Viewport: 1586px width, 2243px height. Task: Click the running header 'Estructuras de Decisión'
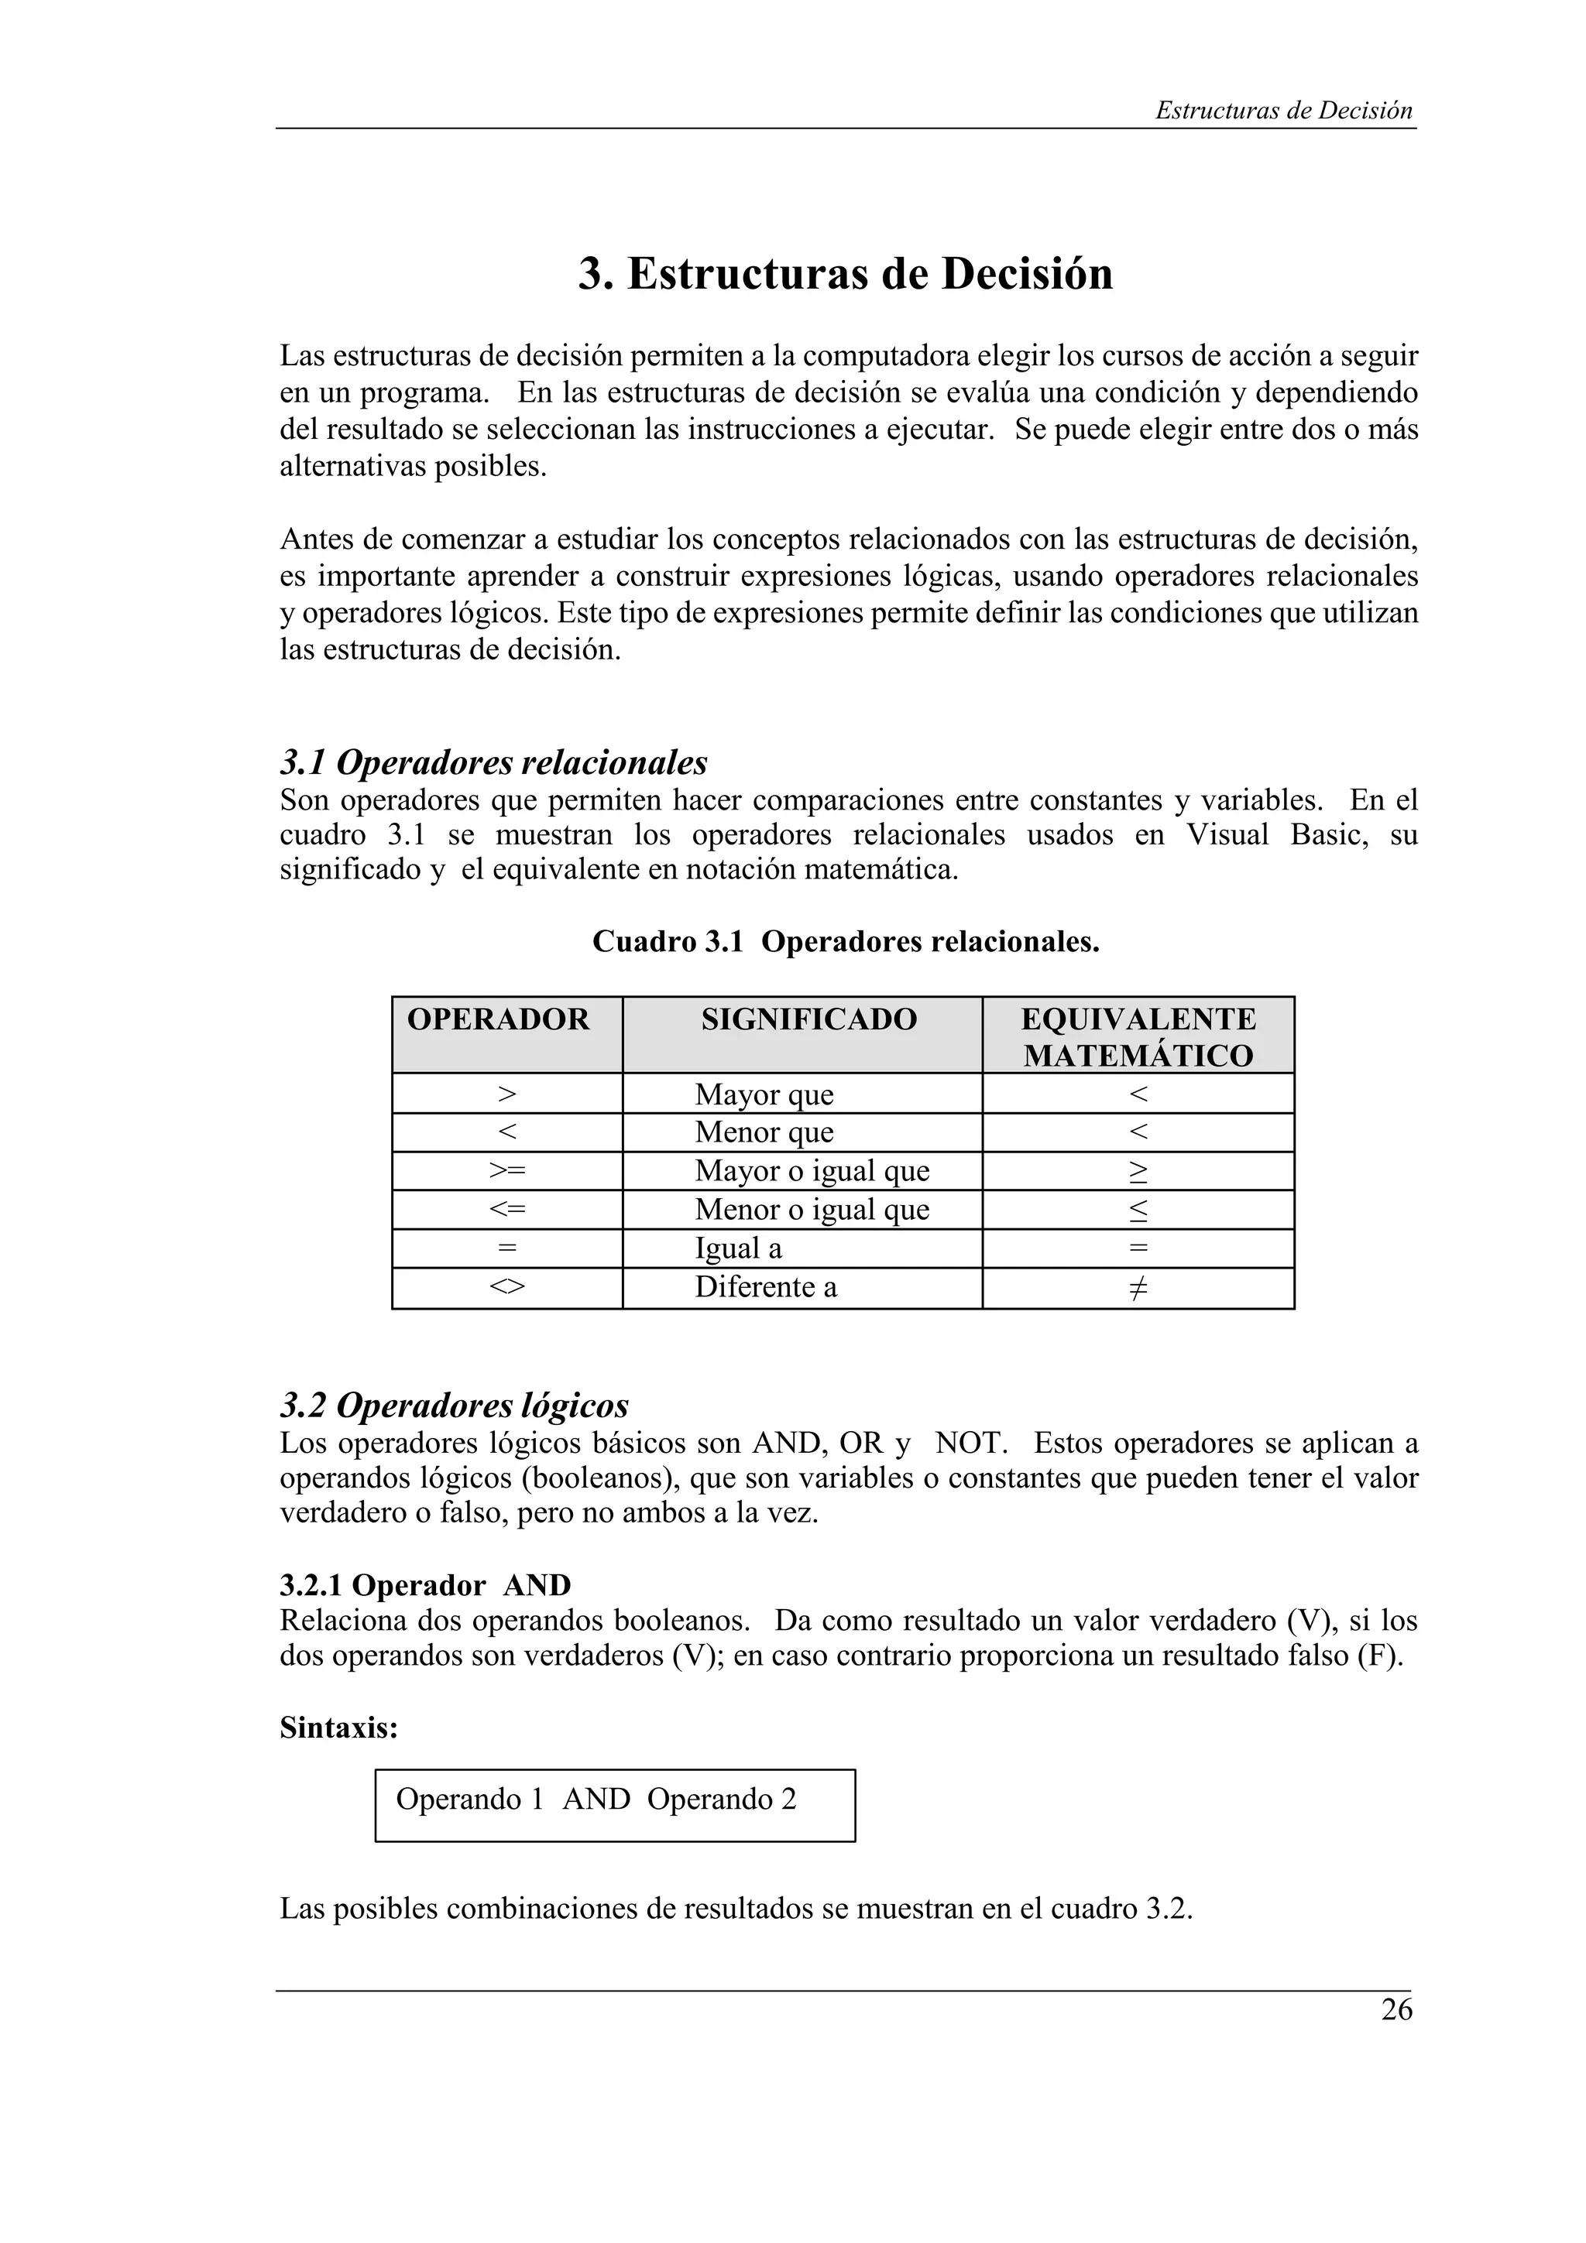coord(1283,111)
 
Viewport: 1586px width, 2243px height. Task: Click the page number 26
coord(1396,2009)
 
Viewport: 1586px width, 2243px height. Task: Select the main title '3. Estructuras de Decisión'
coord(846,273)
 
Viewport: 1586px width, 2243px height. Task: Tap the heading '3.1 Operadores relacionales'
coord(493,762)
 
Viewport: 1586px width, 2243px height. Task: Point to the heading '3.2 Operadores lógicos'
coord(455,1405)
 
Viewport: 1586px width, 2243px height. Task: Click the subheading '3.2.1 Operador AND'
coord(425,1584)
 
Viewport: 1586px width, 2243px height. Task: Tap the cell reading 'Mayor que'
coord(764,1095)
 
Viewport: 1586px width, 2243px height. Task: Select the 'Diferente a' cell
coord(765,1288)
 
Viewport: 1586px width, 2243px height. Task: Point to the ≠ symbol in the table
coord(1138,1289)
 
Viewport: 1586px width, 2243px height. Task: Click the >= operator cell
coord(507,1171)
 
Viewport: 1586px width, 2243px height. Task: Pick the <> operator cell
coord(507,1288)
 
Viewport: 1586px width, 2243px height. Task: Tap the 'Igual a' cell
coord(738,1249)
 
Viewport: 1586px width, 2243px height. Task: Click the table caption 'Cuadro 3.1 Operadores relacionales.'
coord(846,942)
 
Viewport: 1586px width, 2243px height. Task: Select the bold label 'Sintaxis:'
coord(339,1728)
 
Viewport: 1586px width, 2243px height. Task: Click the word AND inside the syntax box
coord(596,1800)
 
